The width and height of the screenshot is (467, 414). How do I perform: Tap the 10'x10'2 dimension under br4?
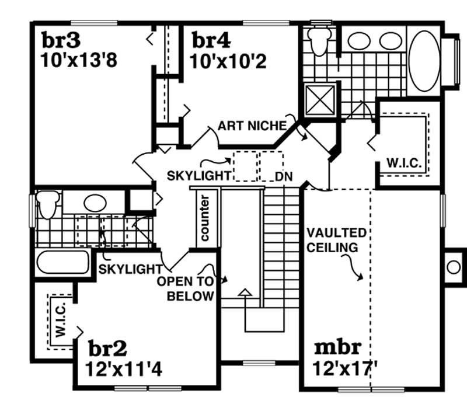pyautogui.click(x=228, y=61)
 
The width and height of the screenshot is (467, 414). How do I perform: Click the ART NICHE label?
pyautogui.click(x=252, y=126)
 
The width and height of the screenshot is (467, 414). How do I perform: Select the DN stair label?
pyautogui.click(x=283, y=175)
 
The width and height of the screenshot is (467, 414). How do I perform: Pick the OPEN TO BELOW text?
pyautogui.click(x=186, y=288)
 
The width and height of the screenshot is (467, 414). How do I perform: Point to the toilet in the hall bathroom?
pyautogui.click(x=47, y=206)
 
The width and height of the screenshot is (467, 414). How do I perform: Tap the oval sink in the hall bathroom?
pyautogui.click(x=94, y=203)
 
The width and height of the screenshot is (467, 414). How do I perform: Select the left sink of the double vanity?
pyautogui.click(x=357, y=40)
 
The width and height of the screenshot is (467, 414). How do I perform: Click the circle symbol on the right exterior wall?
pyautogui.click(x=454, y=267)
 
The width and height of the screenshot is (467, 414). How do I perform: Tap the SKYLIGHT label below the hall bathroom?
pyautogui.click(x=130, y=269)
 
